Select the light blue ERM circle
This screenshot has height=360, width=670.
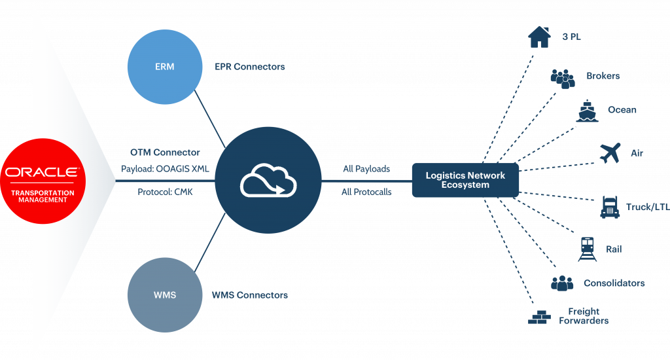164,67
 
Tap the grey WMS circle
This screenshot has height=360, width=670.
164,295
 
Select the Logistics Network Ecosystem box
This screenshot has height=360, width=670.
465,180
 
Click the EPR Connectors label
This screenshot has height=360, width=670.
250,67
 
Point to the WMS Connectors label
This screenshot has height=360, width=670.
250,295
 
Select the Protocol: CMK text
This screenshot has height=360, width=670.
164,192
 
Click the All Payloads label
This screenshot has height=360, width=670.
366,169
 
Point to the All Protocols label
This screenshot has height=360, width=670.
366,192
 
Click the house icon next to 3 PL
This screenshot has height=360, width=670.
539,37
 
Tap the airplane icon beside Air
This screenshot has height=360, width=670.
610,153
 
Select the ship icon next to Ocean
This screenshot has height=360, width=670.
588,111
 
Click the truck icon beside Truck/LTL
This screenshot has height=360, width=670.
610,207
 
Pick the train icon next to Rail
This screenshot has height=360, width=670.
588,249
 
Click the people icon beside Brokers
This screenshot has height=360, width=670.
563,77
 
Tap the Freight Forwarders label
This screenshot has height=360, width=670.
584,316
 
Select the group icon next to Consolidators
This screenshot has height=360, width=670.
562,283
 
